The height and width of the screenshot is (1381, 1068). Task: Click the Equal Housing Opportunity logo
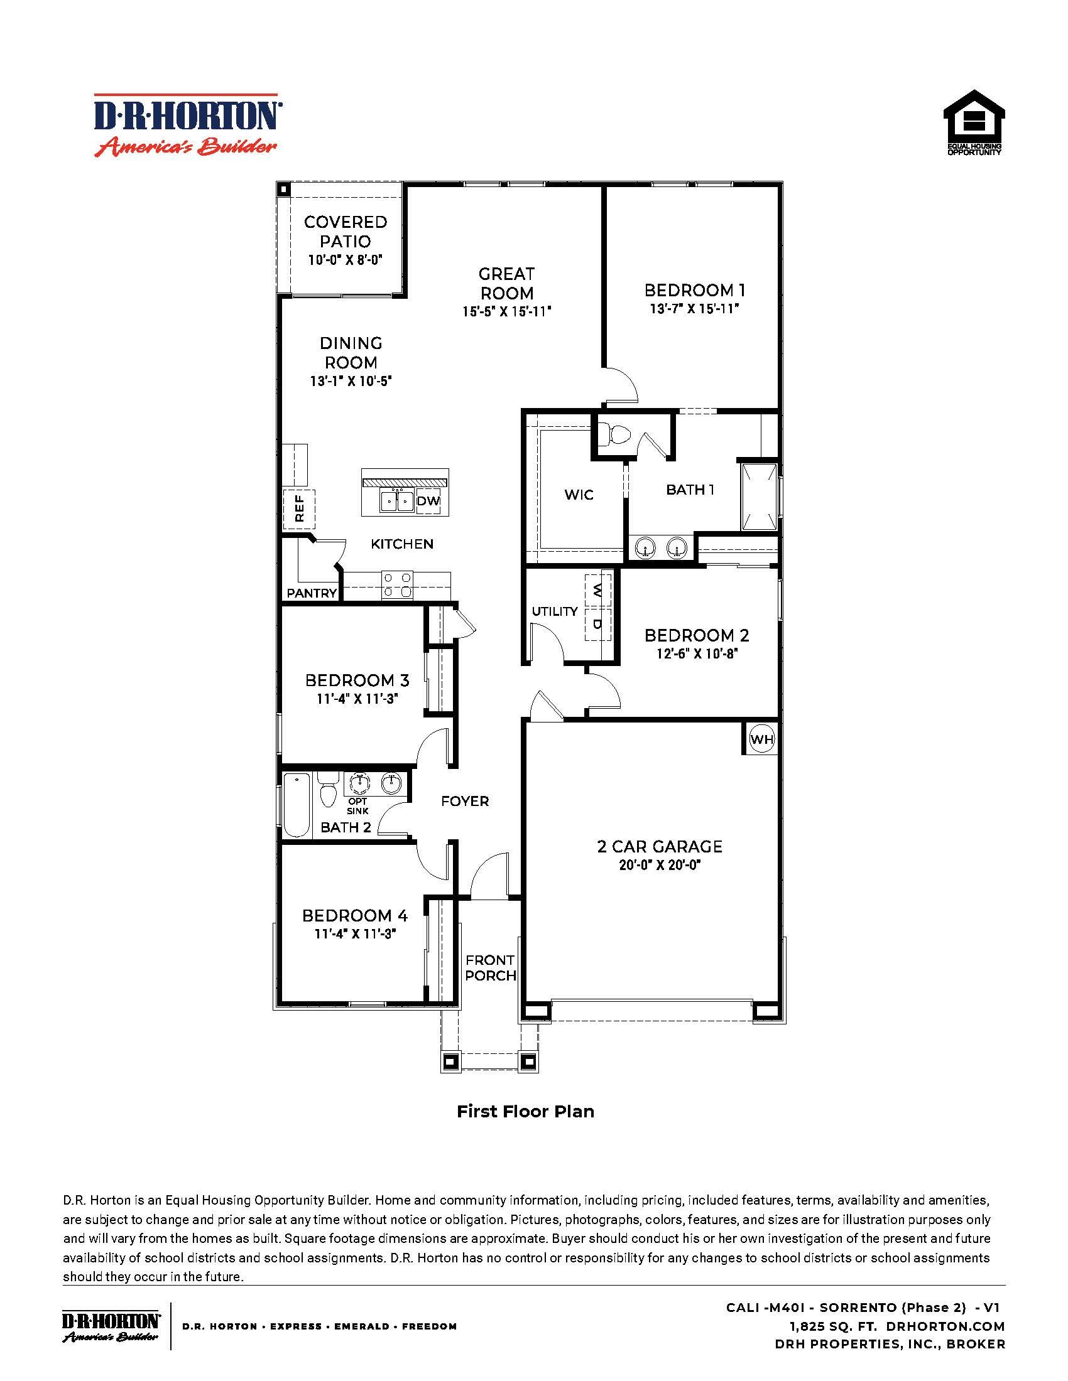974,122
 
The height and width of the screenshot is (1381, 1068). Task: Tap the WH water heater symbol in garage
761,739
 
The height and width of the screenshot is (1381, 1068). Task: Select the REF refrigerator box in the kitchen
299,508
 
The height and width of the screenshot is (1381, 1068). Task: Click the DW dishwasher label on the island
428,502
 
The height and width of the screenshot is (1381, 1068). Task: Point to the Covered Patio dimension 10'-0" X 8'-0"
345,260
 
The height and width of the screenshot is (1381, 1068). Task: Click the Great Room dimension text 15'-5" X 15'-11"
506,312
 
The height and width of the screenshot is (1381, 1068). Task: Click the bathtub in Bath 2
295,804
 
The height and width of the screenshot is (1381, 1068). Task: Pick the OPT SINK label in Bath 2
357,806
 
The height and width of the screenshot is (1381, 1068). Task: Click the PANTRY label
311,593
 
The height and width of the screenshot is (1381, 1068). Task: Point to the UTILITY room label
554,611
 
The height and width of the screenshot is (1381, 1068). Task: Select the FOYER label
465,802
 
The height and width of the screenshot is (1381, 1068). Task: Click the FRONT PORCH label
491,968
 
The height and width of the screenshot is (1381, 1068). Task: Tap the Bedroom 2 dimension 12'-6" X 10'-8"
697,654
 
